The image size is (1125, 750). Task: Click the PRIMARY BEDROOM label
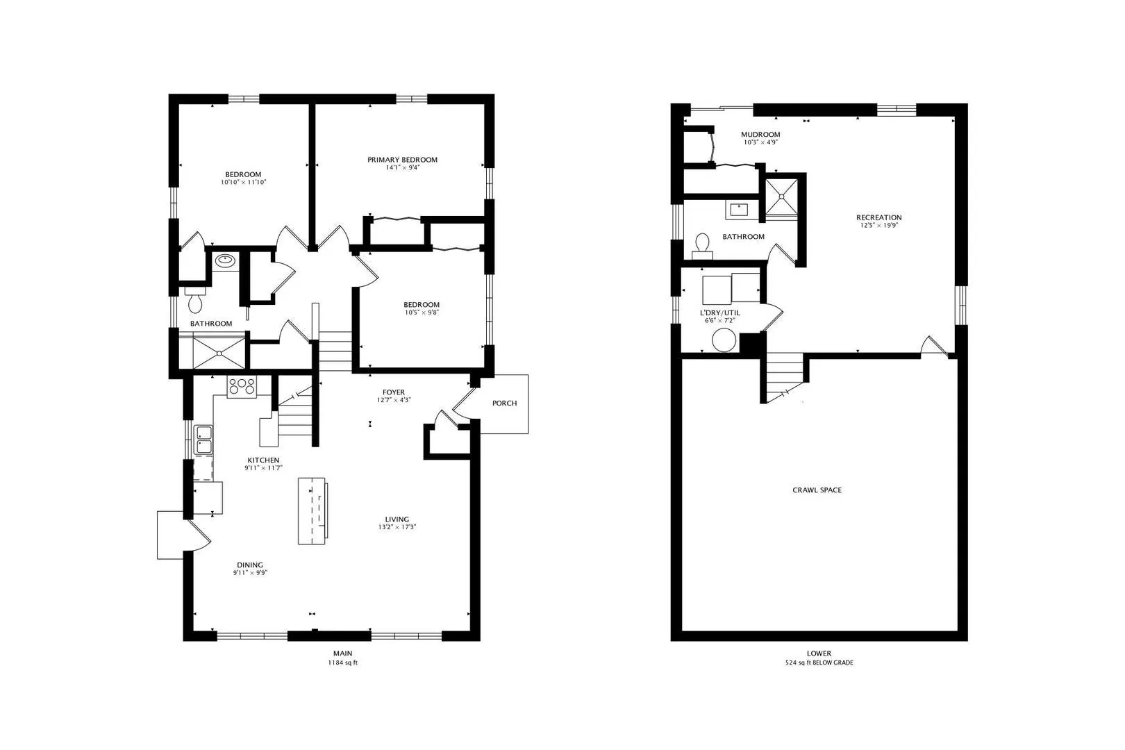(x=402, y=160)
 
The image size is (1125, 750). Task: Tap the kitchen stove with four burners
(x=242, y=387)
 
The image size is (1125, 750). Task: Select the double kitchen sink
(x=204, y=440)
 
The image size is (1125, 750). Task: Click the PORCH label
(x=504, y=403)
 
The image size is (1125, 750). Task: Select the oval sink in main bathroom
(x=226, y=260)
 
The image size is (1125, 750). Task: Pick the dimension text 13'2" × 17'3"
(x=397, y=527)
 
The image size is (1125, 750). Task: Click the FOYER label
(x=394, y=392)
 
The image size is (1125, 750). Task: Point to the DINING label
(x=250, y=565)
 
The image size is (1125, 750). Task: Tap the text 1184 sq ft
(x=343, y=662)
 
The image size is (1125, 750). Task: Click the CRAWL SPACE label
(x=817, y=490)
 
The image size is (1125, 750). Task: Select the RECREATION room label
(x=879, y=217)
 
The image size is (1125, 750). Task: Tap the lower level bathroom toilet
(x=702, y=246)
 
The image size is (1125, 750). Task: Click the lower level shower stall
(x=781, y=198)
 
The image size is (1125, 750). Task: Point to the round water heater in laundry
(x=724, y=340)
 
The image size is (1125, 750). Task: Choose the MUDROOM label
(x=760, y=135)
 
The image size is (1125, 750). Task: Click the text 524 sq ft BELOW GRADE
(x=819, y=662)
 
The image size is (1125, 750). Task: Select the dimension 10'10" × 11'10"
(x=244, y=183)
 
